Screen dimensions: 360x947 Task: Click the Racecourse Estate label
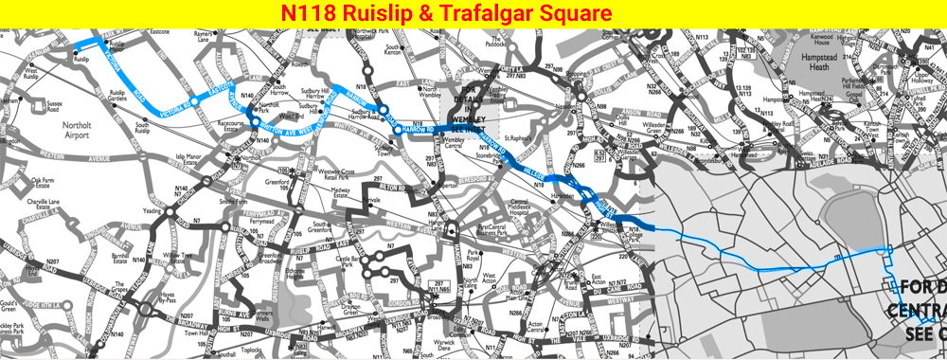(229, 125)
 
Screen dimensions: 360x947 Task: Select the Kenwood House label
(820, 41)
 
